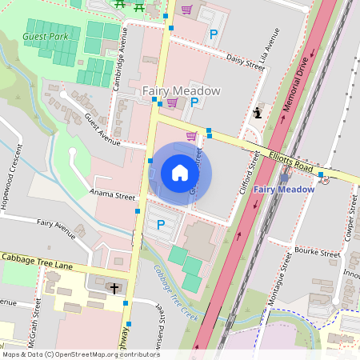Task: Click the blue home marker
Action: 180,173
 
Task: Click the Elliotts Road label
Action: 290,158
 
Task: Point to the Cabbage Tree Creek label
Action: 175,292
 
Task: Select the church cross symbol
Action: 114,287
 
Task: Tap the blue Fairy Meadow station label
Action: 284,190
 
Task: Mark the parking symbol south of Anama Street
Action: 160,225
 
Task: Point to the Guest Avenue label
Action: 102,133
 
